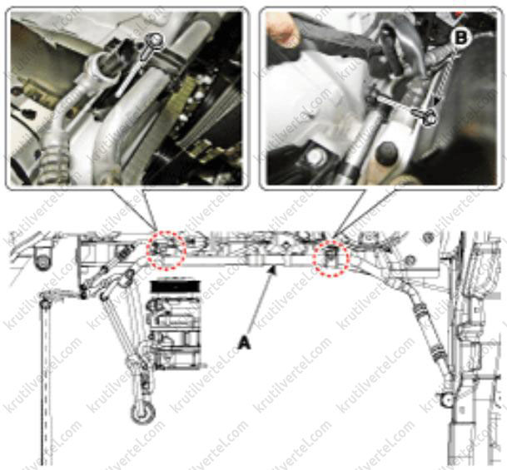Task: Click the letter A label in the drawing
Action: point(244,343)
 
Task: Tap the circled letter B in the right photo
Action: point(460,37)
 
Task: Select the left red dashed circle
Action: point(167,250)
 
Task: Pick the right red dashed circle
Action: point(331,258)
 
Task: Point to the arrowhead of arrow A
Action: point(274,269)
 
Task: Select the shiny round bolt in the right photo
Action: point(315,157)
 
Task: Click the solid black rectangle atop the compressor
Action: point(176,287)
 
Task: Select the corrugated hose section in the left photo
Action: point(52,161)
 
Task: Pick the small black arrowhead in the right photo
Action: point(437,101)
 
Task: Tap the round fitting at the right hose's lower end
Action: point(447,401)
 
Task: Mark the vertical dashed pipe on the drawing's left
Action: point(47,381)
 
